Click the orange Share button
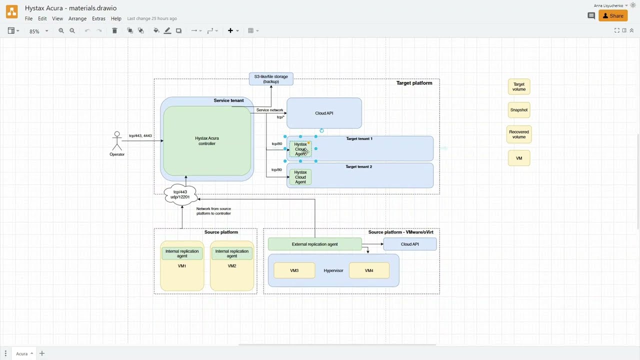pyautogui.click(x=613, y=16)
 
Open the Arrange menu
pyautogui.click(x=77, y=18)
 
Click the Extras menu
pyautogui.click(x=98, y=18)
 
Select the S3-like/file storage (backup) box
pyautogui.click(x=271, y=79)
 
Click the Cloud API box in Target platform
pyautogui.click(x=324, y=113)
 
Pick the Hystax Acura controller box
pyautogui.click(x=207, y=141)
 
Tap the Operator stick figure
pyautogui.click(x=117, y=141)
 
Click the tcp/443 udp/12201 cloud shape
pyautogui.click(x=180, y=194)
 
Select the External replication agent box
pyautogui.click(x=314, y=244)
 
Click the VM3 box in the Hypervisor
pyautogui.click(x=294, y=270)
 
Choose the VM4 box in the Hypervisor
pyautogui.click(x=369, y=270)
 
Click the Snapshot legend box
pyautogui.click(x=519, y=110)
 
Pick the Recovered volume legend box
pyautogui.click(x=519, y=134)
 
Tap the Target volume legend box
pyautogui.click(x=519, y=86)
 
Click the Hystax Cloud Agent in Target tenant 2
pyautogui.click(x=300, y=177)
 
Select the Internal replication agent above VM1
pyautogui.click(x=182, y=253)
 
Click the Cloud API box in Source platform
pyautogui.click(x=409, y=244)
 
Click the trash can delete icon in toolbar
pyautogui.click(x=114, y=30)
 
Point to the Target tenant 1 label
pyautogui.click(x=359, y=138)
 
